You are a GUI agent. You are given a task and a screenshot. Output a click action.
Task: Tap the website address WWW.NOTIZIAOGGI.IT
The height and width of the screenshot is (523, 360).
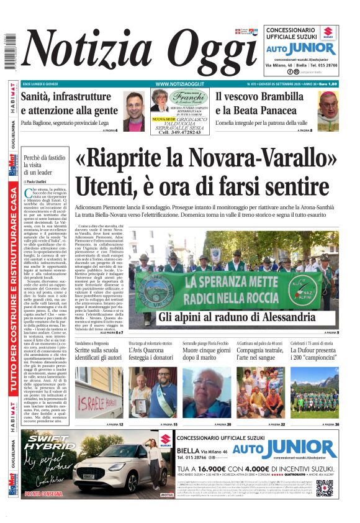(180, 84)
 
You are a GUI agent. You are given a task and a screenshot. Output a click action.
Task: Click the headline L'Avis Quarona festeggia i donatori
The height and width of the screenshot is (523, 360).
(151, 356)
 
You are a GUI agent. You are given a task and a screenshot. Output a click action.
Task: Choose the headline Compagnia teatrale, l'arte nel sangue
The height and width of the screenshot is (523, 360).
(260, 356)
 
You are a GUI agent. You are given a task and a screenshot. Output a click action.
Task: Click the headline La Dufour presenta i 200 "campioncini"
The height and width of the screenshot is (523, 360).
(314, 356)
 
